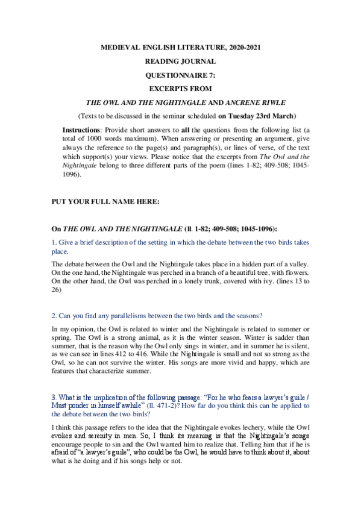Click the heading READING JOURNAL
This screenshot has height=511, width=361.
pos(180,61)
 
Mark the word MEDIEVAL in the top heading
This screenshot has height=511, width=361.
pos(119,46)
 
